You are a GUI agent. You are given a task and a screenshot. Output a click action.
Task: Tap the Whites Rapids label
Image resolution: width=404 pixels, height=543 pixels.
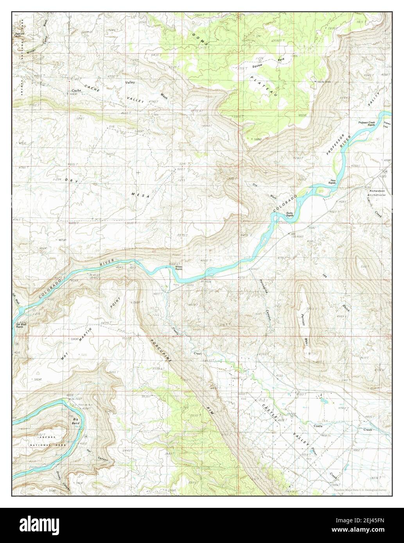click(179, 268)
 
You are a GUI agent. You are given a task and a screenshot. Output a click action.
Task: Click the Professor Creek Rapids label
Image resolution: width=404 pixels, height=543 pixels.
click(367, 123)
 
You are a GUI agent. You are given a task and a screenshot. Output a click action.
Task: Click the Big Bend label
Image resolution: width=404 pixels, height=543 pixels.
click(76, 421)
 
